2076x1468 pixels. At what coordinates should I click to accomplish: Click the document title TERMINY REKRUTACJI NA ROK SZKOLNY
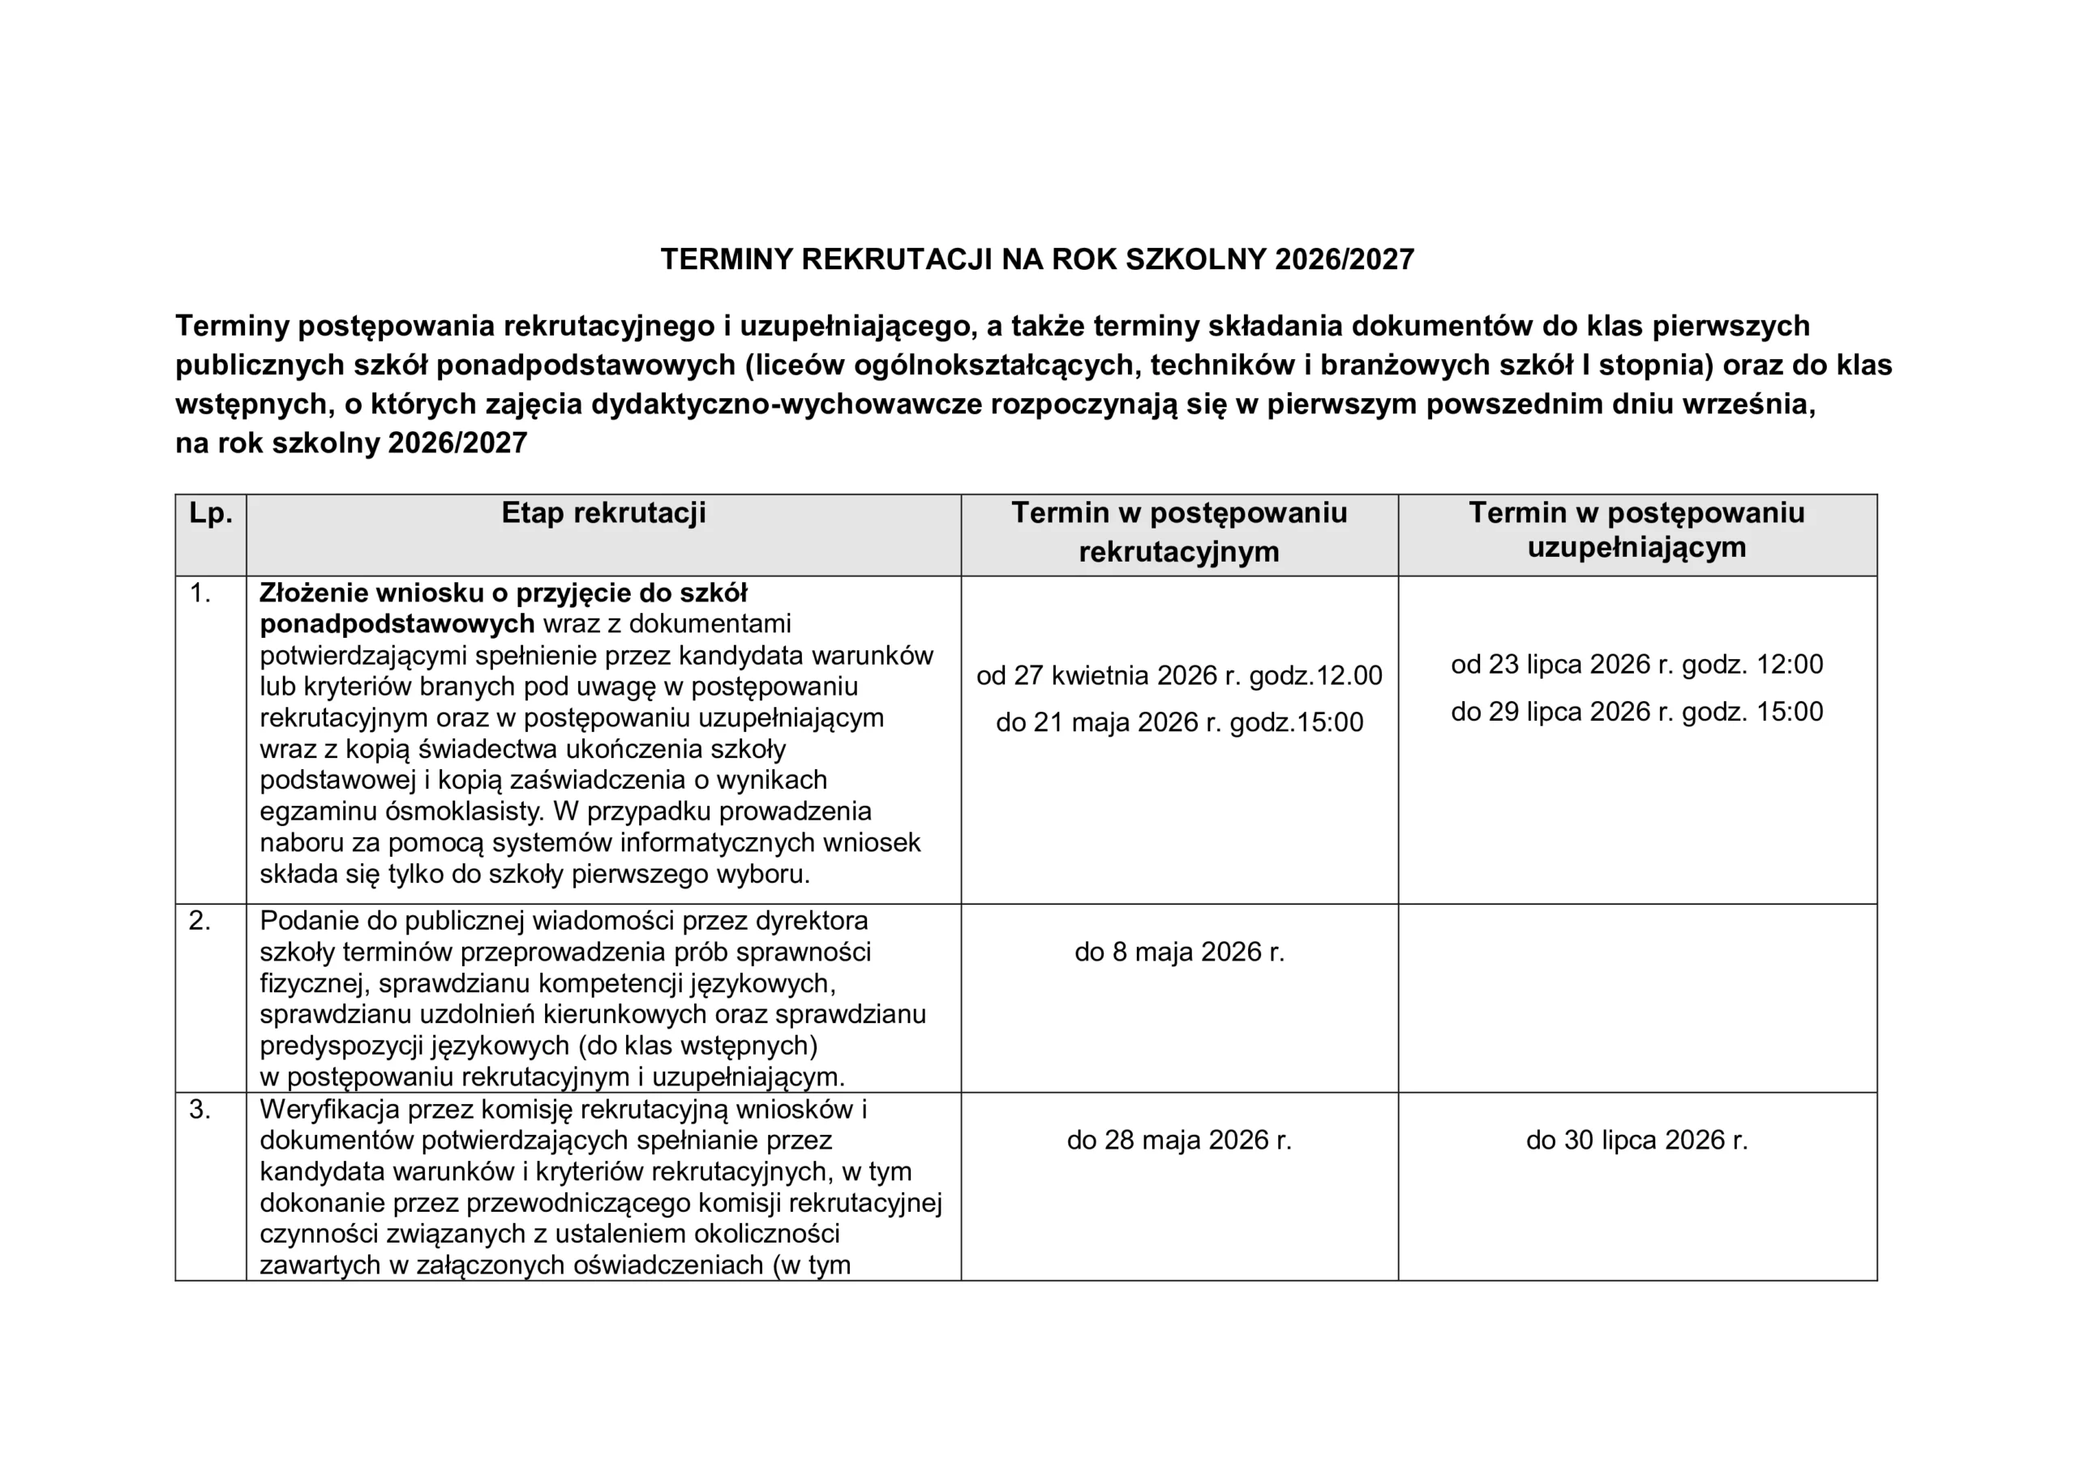coord(1036,260)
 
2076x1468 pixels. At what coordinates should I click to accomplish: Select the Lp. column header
coord(211,513)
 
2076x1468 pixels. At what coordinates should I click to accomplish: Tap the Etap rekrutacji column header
coord(603,513)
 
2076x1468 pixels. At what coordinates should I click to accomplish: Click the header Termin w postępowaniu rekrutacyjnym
coord(1178,533)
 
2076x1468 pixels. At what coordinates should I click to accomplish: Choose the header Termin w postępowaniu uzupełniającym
coord(1636,529)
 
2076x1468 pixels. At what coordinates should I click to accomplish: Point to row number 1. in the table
coord(199,594)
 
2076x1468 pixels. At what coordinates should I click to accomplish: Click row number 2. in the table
coord(199,921)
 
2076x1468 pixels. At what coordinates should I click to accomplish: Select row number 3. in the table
coord(199,1110)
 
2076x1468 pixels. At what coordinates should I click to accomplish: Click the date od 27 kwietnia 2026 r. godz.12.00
coord(1179,676)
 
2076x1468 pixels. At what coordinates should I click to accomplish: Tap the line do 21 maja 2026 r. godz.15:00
coord(1179,723)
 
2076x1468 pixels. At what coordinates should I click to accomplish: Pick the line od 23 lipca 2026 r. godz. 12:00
coord(1636,666)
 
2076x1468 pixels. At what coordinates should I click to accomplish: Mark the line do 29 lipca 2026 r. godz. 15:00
coord(1636,713)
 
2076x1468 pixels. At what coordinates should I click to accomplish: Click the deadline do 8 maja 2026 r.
coord(1179,952)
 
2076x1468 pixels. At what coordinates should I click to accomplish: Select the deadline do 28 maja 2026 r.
coord(1179,1141)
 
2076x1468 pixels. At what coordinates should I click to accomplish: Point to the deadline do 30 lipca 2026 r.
coord(1636,1141)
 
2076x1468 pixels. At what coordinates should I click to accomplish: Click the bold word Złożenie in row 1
coord(313,594)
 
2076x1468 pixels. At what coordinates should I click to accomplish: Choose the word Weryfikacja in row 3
coord(329,1110)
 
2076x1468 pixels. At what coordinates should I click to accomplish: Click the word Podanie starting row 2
coord(308,921)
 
